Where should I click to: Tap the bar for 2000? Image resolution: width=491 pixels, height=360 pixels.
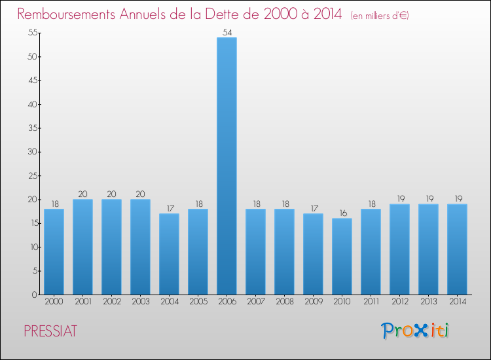(x=54, y=252)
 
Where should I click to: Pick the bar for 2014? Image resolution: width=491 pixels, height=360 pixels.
(x=457, y=249)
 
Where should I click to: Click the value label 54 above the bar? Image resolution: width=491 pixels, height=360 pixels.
(x=227, y=31)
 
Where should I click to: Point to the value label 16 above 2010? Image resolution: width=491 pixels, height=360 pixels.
(x=342, y=212)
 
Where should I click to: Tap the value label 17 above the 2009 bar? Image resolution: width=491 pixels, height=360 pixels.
(x=313, y=207)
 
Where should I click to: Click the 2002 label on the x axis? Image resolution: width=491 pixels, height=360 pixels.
(x=111, y=302)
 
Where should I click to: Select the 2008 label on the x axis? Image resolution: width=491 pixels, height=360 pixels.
(x=284, y=302)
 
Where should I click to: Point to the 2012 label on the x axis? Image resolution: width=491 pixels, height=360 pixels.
(x=399, y=302)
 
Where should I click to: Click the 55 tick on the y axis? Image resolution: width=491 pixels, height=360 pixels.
(x=31, y=33)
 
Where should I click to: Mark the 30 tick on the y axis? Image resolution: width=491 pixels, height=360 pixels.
(x=31, y=152)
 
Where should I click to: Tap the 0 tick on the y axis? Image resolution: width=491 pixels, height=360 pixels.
(x=33, y=295)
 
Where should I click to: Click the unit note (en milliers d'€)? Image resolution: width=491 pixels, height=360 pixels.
(x=380, y=15)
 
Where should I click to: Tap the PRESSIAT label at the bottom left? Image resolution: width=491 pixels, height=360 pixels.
(x=50, y=331)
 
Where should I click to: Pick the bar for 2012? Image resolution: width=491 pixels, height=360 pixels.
(x=399, y=249)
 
